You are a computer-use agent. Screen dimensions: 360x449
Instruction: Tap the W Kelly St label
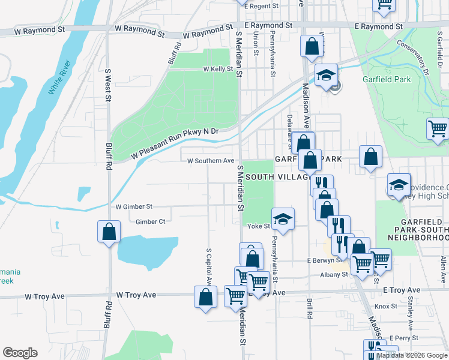coord(218,69)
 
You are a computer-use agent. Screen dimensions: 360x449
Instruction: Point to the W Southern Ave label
coord(211,161)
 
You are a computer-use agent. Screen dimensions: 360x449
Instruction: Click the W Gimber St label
coord(134,206)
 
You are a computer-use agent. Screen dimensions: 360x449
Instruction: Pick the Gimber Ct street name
coord(151,221)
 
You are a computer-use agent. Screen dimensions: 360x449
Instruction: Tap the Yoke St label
coord(259,226)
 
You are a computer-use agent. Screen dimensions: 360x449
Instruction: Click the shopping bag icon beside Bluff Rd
coord(109,232)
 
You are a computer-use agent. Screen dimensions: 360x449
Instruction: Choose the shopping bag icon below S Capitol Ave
coord(205,297)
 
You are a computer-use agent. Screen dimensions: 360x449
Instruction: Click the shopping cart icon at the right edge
coord(438,129)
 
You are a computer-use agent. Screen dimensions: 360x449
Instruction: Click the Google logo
coord(20,353)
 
